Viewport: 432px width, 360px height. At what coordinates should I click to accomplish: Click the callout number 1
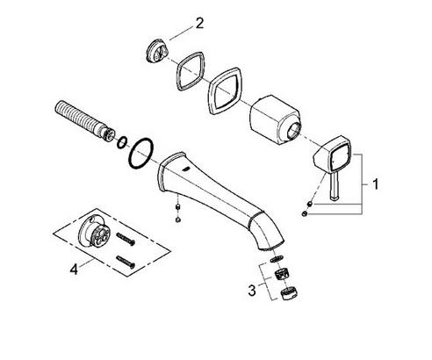pos(376,184)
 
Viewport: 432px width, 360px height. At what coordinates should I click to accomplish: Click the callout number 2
pos(199,23)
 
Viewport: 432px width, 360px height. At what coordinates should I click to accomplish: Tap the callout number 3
pos(252,291)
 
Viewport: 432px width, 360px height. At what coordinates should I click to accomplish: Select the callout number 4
pos(74,269)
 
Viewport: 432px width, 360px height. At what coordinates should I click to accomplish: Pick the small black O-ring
pos(122,142)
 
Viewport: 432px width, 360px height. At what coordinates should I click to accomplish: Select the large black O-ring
pos(140,153)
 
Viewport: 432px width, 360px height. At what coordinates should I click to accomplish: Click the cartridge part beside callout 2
pos(156,51)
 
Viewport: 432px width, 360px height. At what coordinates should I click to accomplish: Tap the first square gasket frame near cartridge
pos(190,71)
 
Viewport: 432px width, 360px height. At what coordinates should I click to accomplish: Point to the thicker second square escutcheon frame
pos(225,91)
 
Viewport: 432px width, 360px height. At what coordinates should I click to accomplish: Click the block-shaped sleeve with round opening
pos(275,119)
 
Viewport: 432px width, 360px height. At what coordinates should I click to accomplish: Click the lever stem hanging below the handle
pos(335,185)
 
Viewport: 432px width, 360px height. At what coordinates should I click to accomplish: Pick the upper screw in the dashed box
pos(126,239)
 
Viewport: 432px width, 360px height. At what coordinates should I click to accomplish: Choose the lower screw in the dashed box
pos(126,262)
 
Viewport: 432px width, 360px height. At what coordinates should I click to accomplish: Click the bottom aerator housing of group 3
pos(289,292)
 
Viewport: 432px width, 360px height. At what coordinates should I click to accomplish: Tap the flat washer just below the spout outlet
pos(277,258)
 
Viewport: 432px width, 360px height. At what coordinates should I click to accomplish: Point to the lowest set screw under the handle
pos(304,214)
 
